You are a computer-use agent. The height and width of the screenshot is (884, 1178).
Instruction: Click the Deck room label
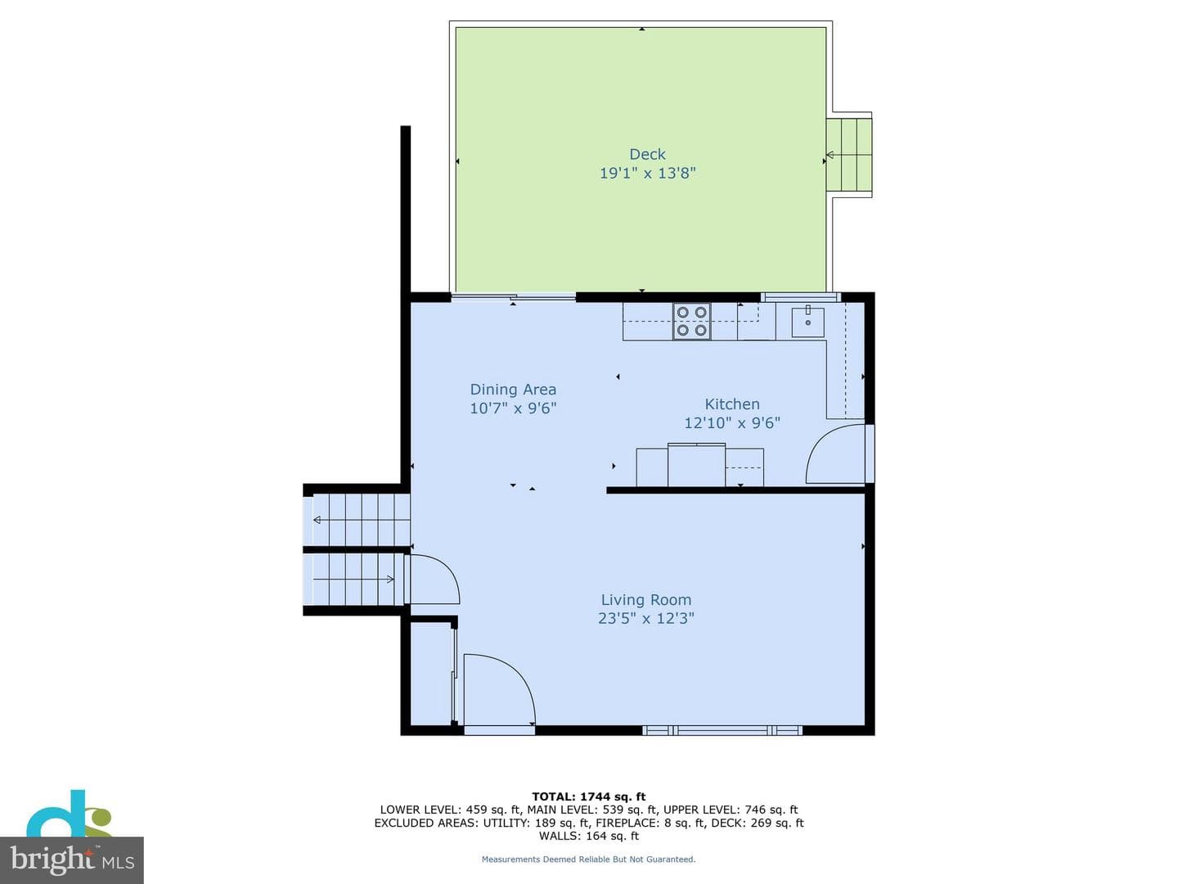click(x=647, y=154)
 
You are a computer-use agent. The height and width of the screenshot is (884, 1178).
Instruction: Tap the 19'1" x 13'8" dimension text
click(x=647, y=173)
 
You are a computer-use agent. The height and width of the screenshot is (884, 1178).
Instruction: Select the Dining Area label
click(x=513, y=389)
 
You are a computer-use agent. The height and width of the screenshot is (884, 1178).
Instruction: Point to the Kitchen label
click(x=732, y=404)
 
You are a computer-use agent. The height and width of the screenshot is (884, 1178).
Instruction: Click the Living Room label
click(x=646, y=599)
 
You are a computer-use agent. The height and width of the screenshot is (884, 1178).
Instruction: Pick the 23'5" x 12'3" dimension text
click(x=646, y=618)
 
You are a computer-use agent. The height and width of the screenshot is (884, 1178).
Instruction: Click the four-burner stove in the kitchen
click(x=692, y=321)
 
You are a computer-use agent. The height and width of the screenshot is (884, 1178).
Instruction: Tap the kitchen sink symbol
click(x=807, y=322)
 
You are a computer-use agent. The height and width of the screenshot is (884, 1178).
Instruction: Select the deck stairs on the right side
click(x=849, y=156)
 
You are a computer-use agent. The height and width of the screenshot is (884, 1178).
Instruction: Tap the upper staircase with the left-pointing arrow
click(x=357, y=520)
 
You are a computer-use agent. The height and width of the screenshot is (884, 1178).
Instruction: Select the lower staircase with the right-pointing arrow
click(x=354, y=580)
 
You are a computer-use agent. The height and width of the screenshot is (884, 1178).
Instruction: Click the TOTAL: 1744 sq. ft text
click(x=589, y=796)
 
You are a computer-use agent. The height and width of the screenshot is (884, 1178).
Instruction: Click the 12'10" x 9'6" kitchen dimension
click(x=732, y=423)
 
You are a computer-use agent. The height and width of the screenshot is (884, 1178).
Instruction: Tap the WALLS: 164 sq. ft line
click(x=589, y=836)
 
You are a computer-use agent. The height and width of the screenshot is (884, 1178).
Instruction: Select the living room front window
click(x=722, y=730)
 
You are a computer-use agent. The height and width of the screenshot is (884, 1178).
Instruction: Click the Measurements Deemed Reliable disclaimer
click(x=588, y=859)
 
